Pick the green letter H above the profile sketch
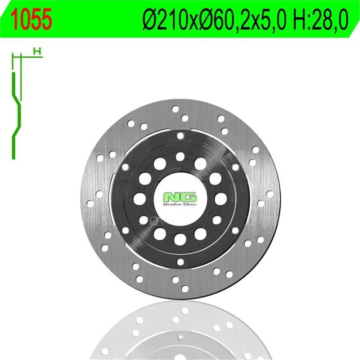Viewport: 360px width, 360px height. click(x=37, y=51)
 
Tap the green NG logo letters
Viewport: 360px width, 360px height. click(x=180, y=197)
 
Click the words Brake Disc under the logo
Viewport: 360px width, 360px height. click(x=180, y=204)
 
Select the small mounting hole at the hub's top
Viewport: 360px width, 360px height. click(x=180, y=136)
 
